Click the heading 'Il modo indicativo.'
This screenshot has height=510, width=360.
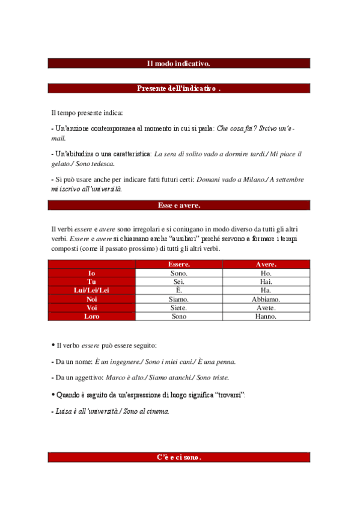pyautogui.click(x=179, y=63)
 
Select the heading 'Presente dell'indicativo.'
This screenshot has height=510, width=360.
pyautogui.click(x=179, y=88)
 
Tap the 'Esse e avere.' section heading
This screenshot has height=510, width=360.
pyautogui.click(x=179, y=205)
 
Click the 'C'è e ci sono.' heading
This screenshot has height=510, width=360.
pyautogui.click(x=179, y=457)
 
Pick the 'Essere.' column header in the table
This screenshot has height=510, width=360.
pyautogui.click(x=179, y=264)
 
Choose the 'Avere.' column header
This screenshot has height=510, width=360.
pyautogui.click(x=266, y=264)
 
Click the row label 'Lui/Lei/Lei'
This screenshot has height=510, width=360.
pyautogui.click(x=92, y=290)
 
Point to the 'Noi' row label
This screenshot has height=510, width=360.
pyautogui.click(x=92, y=299)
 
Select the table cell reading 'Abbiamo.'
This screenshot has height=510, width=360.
pyautogui.click(x=266, y=299)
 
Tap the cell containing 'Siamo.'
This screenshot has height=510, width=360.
pyautogui.click(x=179, y=299)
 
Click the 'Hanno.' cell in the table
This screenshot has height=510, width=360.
pyautogui.click(x=266, y=316)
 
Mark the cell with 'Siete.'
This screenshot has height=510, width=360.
pyautogui.click(x=179, y=307)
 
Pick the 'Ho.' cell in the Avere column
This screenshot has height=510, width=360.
pyautogui.click(x=266, y=273)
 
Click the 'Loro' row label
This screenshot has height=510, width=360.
pyautogui.click(x=92, y=316)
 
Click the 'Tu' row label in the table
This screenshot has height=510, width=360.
pyautogui.click(x=92, y=281)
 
